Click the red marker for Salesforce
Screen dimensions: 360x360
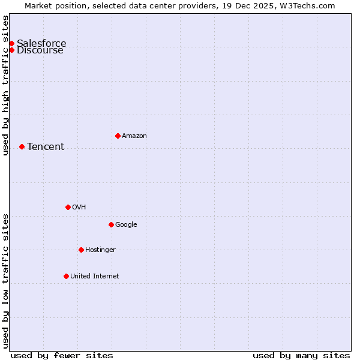(11, 43)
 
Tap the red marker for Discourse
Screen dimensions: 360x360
(11, 50)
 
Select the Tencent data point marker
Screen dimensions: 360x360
(22, 146)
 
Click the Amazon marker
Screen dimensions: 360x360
(118, 136)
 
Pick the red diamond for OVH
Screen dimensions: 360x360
(68, 207)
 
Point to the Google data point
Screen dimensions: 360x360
(111, 224)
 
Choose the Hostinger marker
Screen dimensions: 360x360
(81, 250)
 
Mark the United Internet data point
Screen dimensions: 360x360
(66, 276)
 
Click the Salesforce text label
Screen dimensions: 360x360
(41, 43)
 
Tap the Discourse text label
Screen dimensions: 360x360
(40, 50)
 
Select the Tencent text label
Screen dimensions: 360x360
(46, 146)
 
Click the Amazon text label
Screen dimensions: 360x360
(134, 136)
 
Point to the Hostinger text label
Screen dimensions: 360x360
(100, 250)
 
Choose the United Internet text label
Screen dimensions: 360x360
(95, 276)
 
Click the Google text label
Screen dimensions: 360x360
(126, 224)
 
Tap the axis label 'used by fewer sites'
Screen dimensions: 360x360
(62, 355)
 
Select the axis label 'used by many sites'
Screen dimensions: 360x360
(301, 355)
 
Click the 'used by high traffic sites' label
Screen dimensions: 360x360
(5, 85)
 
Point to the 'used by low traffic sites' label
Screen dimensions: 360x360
(5, 281)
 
